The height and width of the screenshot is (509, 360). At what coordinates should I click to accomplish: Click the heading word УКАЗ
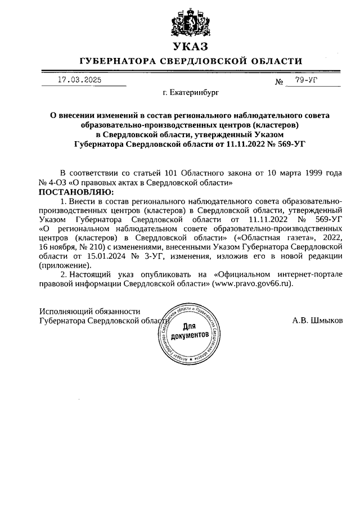tap(191, 47)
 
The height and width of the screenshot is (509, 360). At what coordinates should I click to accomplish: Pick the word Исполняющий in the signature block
tap(64, 311)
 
